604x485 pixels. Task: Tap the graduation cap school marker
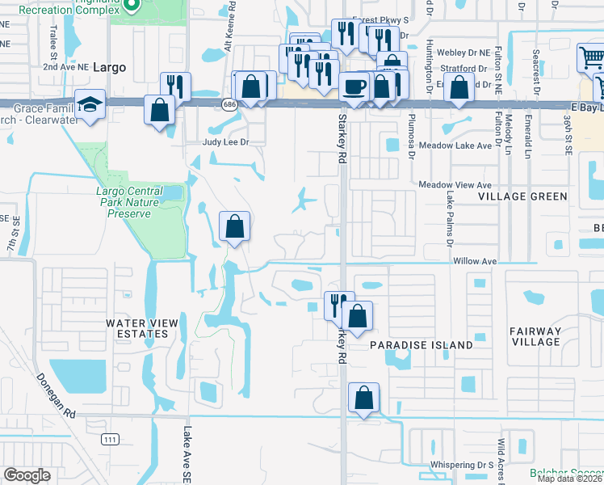point(88,104)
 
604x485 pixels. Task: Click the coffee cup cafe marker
point(353,86)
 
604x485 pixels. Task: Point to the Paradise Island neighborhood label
point(421,345)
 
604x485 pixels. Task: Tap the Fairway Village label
point(535,336)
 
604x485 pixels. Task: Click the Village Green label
point(522,196)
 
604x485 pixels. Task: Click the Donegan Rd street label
point(56,394)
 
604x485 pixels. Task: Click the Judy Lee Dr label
point(222,142)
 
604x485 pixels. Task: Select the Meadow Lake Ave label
point(455,145)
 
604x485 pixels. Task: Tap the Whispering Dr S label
point(461,465)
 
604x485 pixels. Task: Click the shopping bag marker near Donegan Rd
point(364,398)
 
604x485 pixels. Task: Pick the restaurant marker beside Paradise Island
point(337,305)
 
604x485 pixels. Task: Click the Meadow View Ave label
point(455,185)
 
